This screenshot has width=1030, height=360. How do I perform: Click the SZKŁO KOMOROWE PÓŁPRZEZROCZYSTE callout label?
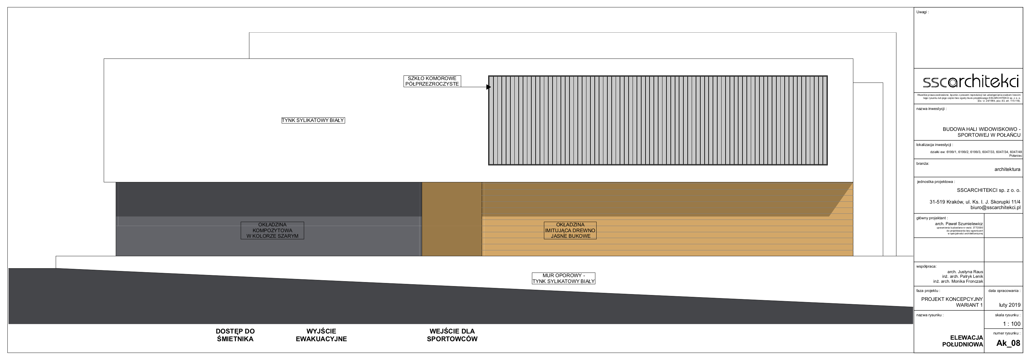(x=432, y=81)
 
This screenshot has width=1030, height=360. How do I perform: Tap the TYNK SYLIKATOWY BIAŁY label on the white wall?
(x=313, y=120)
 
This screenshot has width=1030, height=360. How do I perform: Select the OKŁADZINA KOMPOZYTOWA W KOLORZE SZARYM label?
(x=272, y=230)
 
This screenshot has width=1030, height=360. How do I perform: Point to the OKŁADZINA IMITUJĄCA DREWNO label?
(x=570, y=230)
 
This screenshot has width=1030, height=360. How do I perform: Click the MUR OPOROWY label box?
(x=563, y=278)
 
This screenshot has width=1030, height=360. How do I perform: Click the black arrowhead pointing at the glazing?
(x=488, y=87)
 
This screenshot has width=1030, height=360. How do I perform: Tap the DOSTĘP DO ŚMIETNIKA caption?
(x=235, y=335)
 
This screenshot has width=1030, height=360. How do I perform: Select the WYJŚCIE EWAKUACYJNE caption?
(x=321, y=335)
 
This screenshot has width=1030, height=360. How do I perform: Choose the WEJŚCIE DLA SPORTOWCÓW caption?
(x=452, y=335)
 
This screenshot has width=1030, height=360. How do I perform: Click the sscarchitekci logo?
(x=970, y=82)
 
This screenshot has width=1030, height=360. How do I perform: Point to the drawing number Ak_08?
(x=1008, y=343)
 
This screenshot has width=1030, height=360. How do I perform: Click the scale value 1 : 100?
(x=1011, y=324)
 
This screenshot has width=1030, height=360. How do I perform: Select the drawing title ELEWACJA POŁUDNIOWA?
(x=962, y=341)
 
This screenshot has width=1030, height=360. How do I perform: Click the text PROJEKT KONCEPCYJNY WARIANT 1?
(x=952, y=302)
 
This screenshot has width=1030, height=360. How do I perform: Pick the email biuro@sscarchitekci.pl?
(x=995, y=208)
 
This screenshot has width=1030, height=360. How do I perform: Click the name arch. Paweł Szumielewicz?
(x=959, y=224)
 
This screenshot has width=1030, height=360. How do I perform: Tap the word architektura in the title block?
(x=1007, y=169)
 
